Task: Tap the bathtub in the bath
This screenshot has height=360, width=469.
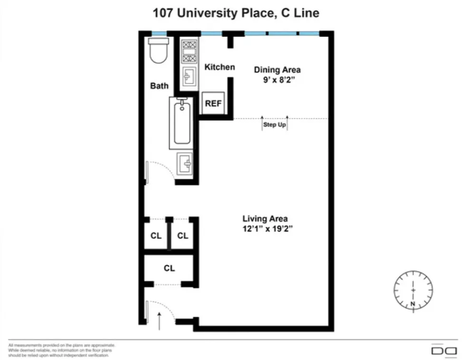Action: coord(182,123)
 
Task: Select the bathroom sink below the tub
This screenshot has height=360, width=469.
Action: coord(185,164)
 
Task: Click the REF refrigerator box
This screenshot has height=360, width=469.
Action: coord(213,103)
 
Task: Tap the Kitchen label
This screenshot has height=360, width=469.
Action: coord(220,67)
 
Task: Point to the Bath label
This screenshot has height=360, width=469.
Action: coord(159,86)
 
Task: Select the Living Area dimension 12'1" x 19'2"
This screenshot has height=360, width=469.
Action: coord(265,228)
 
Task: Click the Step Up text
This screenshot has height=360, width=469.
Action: coord(275,125)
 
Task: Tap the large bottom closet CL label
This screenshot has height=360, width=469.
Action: coord(169,268)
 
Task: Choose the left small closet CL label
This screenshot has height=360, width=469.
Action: coord(156,236)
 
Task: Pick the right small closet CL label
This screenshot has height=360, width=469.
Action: coord(182,236)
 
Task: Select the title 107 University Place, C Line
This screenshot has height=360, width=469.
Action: coord(235,13)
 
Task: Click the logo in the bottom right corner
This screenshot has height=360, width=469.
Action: coord(443,351)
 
